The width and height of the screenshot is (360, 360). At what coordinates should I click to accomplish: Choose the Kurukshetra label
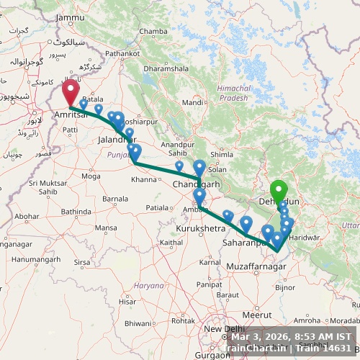(199, 228)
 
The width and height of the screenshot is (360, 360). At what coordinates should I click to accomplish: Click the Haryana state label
(150, 285)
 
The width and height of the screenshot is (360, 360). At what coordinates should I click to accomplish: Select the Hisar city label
(127, 302)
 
